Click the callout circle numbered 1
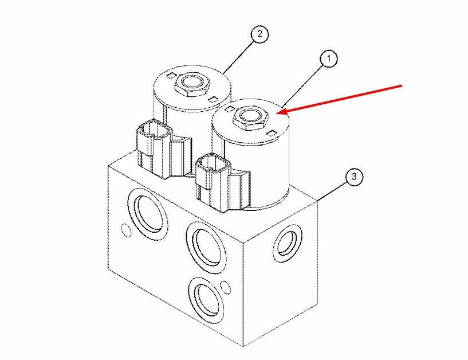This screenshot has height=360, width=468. [329, 59]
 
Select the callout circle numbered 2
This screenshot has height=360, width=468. [259, 34]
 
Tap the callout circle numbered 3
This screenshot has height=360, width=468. [354, 177]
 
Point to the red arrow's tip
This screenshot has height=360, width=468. [277, 114]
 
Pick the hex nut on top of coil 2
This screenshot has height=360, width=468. [192, 84]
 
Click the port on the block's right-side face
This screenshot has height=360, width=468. [287, 243]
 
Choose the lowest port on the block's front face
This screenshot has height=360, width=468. [207, 299]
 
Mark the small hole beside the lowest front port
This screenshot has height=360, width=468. [226, 287]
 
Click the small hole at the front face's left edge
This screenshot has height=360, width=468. [126, 229]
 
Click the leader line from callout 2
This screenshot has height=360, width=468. [239, 57]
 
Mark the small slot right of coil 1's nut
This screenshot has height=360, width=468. [272, 133]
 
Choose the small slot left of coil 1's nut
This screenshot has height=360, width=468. [229, 109]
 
